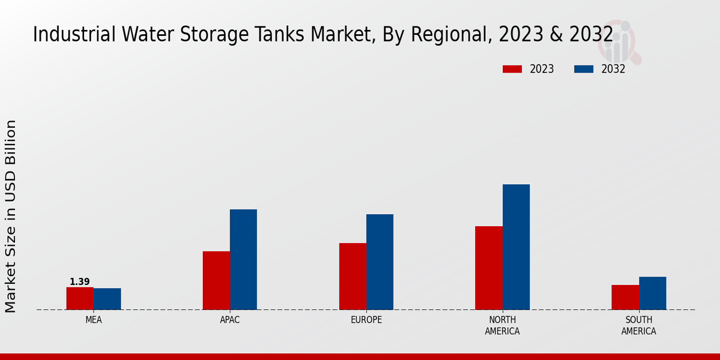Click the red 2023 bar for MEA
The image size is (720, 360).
[x=80, y=298]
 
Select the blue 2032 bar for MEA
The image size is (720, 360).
[x=107, y=299]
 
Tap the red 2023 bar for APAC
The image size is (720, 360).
[x=216, y=280]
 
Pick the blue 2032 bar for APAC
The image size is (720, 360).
[x=244, y=259]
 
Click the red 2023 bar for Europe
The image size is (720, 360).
[x=353, y=276]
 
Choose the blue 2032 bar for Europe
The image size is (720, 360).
[x=380, y=262]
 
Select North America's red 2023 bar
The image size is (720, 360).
[x=489, y=268]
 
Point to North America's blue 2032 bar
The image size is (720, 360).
[x=516, y=247]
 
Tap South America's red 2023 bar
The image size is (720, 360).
[x=625, y=297]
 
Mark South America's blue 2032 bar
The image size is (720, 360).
[x=653, y=293]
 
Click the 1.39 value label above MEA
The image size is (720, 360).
[x=80, y=282]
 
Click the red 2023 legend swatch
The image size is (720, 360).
[x=512, y=69]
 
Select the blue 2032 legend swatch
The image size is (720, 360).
[x=584, y=69]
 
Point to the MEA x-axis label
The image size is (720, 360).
[x=94, y=320]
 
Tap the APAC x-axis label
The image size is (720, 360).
[x=230, y=320]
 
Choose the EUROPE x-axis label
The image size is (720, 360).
[x=366, y=320]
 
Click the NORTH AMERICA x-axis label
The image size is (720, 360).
[x=503, y=325]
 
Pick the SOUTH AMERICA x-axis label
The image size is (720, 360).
[x=639, y=325]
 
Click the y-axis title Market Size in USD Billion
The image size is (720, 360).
[x=11, y=216]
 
